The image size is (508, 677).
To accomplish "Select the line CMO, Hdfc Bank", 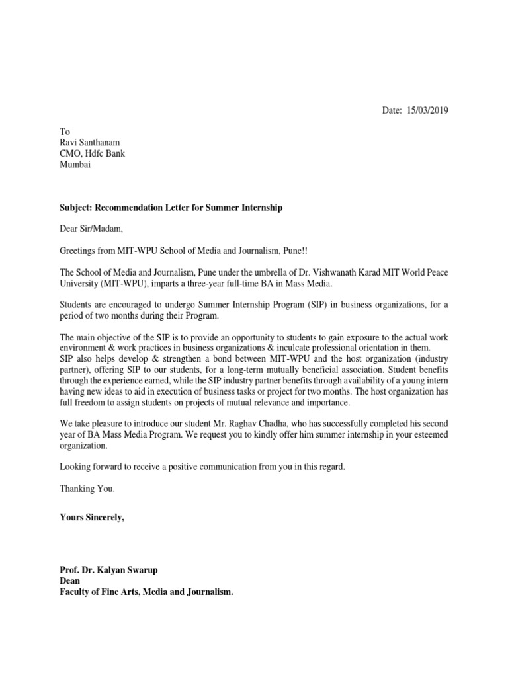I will tap(92, 154).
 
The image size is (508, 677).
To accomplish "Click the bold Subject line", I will tap(171, 208).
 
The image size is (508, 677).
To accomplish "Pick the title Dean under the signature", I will tap(70, 581).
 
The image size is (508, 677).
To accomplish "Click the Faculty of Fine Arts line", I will tap(146, 592).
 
